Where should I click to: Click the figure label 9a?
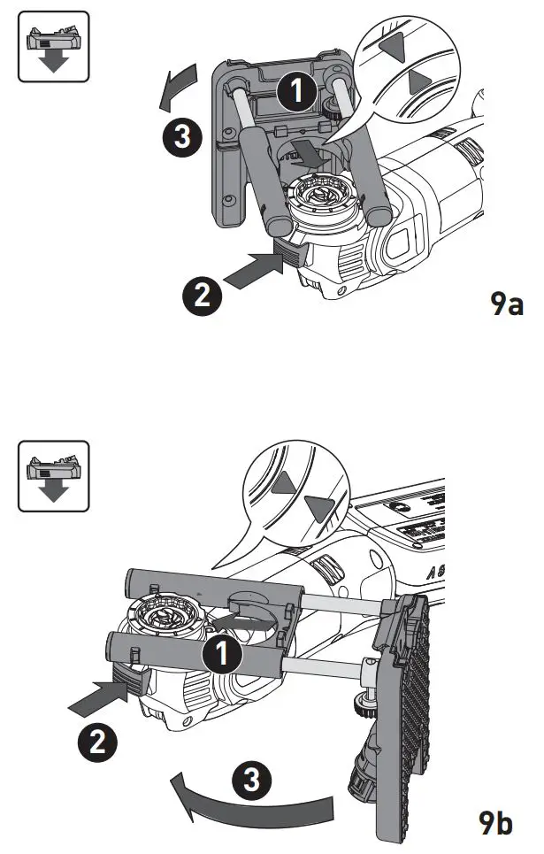508,305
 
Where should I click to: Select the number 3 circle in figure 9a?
181,137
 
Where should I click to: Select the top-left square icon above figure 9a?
54,46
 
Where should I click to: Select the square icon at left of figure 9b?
54,475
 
